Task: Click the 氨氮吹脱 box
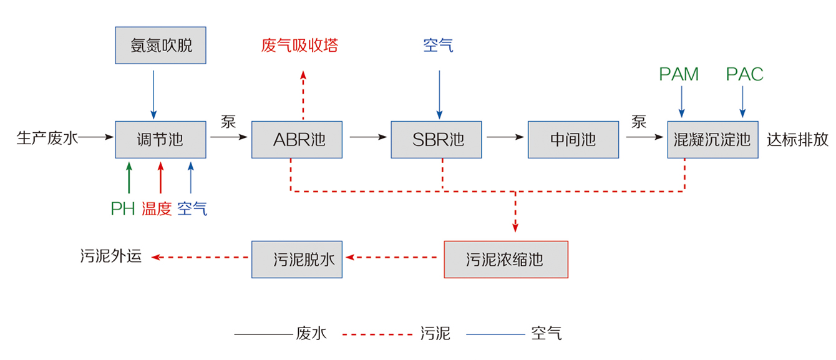coord(161,46)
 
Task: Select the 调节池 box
coord(161,139)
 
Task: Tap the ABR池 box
coord(297,139)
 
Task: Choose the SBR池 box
coord(437,139)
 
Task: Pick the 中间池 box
coord(573,139)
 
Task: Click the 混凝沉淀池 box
coord(712,139)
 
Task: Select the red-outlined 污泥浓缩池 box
coord(505,259)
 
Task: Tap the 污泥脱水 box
coord(297,259)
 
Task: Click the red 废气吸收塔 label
coord(299,46)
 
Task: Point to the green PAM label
coord(679,75)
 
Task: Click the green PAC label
coord(744,75)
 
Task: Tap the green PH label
coord(123,209)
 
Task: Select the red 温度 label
coord(157,209)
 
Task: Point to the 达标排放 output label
coord(798,139)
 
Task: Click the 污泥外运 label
coord(111,256)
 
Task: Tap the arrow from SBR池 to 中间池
coord(505,136)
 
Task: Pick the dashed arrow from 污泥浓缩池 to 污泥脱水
coord(392,256)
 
